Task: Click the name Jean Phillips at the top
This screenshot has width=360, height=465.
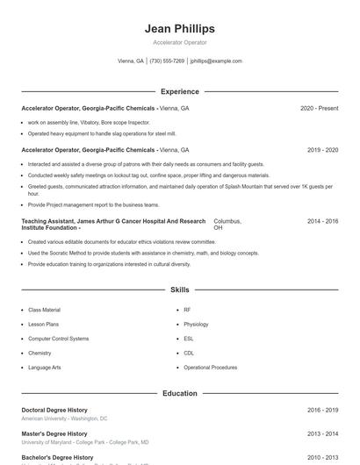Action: tap(179, 29)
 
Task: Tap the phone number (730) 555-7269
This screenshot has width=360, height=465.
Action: tap(167, 61)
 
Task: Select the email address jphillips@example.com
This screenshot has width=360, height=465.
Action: tap(216, 61)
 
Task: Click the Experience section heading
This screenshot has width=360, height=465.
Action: tap(179, 91)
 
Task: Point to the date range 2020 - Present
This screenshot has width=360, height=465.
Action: tap(319, 108)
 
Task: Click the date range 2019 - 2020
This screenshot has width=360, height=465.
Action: tap(322, 150)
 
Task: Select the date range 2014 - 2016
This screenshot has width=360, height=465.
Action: tap(322, 221)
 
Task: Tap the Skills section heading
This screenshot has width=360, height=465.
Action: tap(179, 289)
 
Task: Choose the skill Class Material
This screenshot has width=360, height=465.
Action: tap(44, 310)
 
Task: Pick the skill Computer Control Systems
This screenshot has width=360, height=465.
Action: tap(58, 338)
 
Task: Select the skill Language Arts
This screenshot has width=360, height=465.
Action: tap(44, 367)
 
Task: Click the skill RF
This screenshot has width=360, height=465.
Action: tap(187, 310)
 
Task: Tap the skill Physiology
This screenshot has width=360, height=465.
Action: tap(196, 324)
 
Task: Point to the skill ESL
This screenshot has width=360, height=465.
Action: tap(189, 338)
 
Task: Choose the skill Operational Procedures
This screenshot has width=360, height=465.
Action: tap(210, 367)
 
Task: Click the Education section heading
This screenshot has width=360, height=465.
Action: tap(179, 393)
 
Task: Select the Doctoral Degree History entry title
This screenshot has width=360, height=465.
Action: tap(54, 410)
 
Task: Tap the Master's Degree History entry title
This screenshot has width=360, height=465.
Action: tap(54, 433)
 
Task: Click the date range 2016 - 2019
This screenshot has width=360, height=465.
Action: tap(322, 410)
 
